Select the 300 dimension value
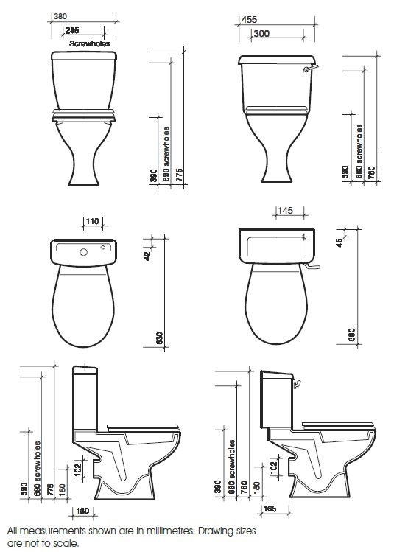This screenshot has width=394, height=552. click(x=260, y=34)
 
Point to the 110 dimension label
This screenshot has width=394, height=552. click(x=92, y=220)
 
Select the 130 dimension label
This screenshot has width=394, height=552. click(x=82, y=511)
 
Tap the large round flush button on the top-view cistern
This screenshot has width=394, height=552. click(x=84, y=252)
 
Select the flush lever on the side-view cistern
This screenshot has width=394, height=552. click(x=298, y=383)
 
